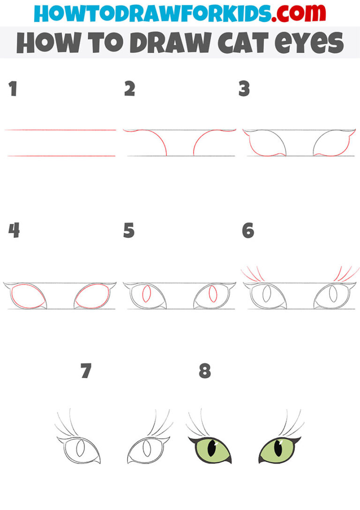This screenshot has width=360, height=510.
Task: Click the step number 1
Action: click(x=13, y=89)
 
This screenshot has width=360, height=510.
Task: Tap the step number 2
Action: click(x=129, y=89)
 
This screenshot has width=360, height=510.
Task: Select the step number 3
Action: click(x=244, y=89)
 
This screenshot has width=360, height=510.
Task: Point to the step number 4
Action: click(x=14, y=230)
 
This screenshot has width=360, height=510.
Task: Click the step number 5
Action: click(x=129, y=230)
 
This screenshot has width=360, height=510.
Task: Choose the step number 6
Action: click(x=247, y=230)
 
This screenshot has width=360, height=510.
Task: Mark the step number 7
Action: click(x=85, y=371)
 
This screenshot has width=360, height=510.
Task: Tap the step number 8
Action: click(x=204, y=371)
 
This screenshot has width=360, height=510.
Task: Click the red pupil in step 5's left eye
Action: click(x=146, y=296)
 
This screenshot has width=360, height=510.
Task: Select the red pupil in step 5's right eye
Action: click(x=213, y=296)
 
